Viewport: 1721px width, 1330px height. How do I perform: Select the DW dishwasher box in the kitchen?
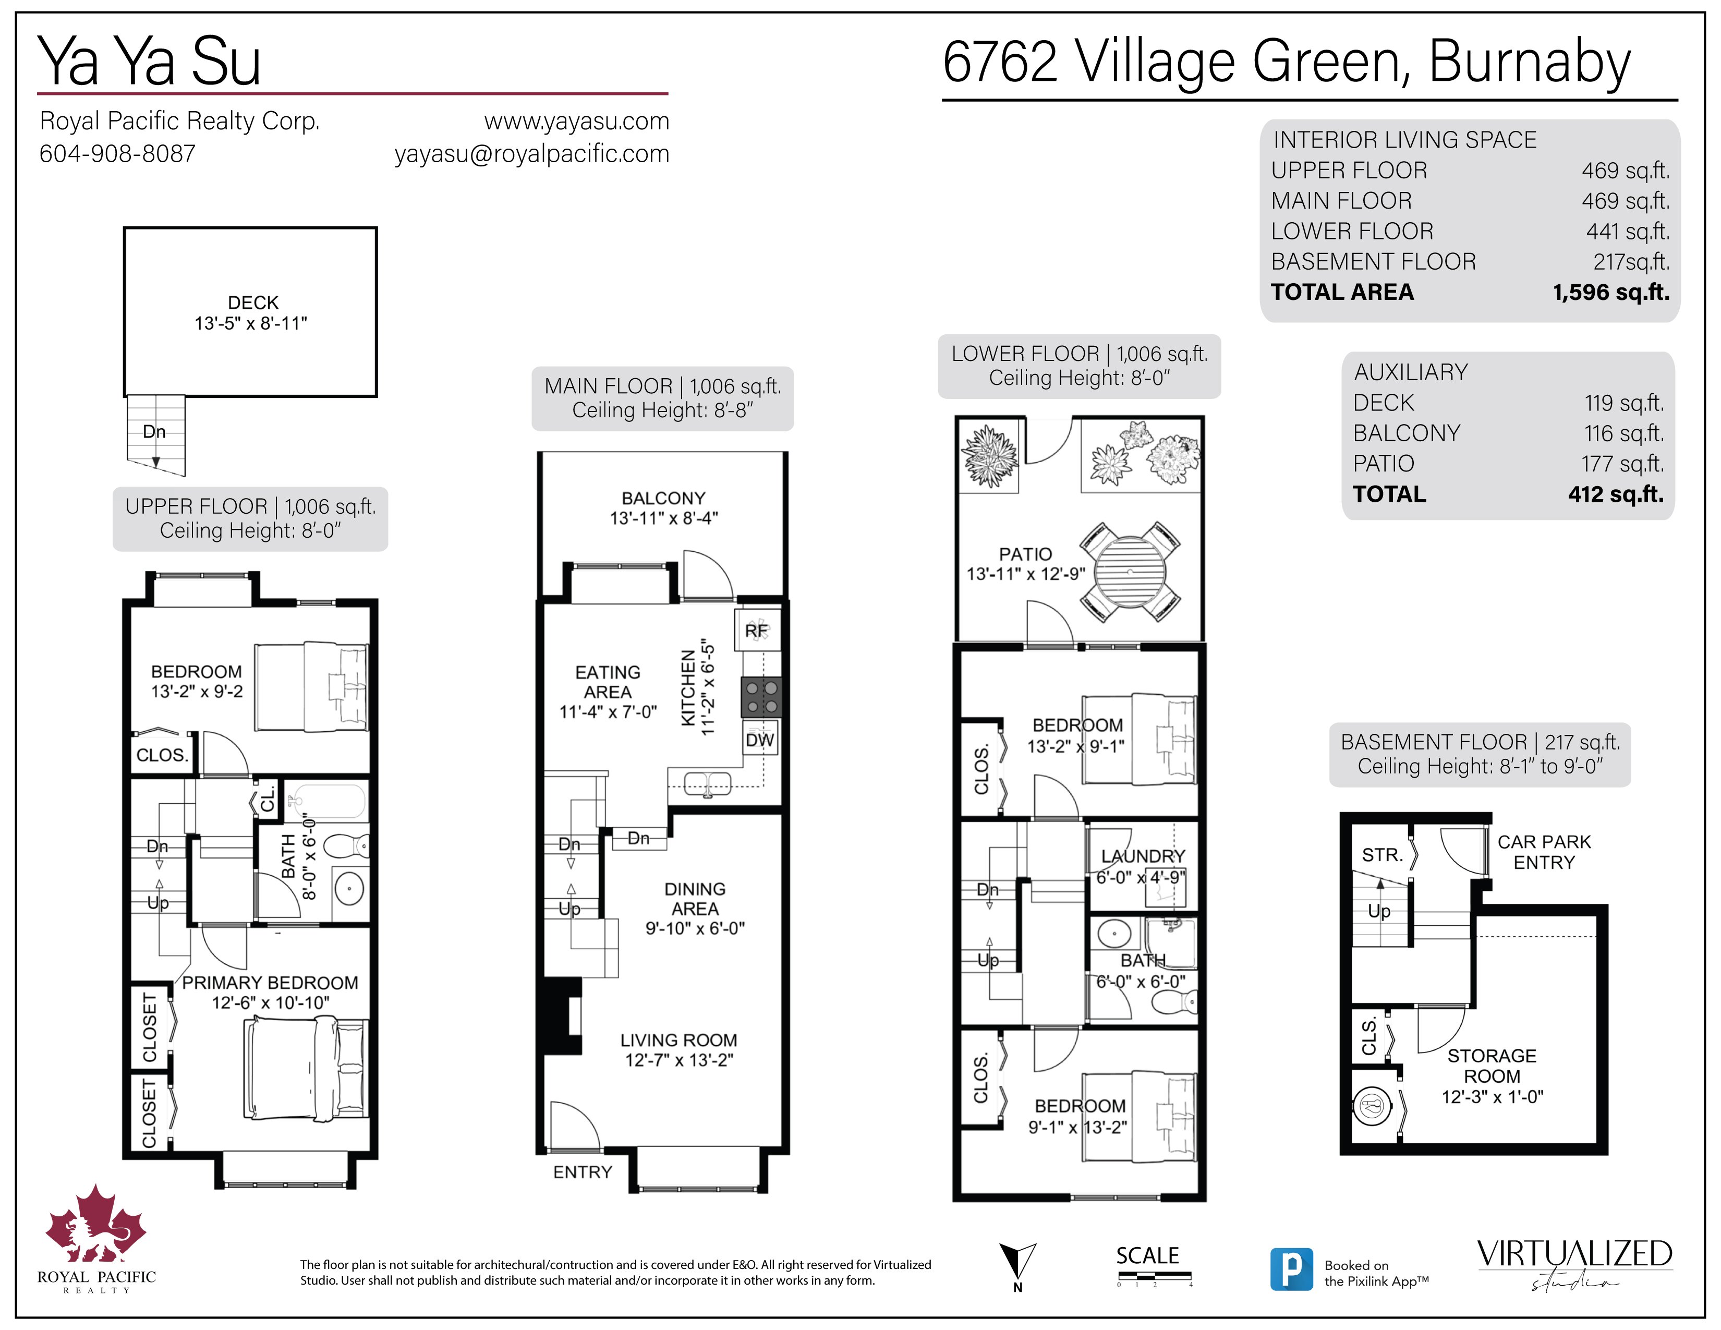[760, 741]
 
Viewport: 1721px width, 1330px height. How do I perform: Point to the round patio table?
[1130, 571]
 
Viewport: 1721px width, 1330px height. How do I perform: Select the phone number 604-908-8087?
[117, 154]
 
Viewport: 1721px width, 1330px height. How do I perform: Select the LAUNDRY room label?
[1143, 856]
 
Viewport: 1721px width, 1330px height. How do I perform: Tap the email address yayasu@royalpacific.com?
[532, 154]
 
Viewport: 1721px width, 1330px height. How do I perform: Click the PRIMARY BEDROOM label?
[270, 983]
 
